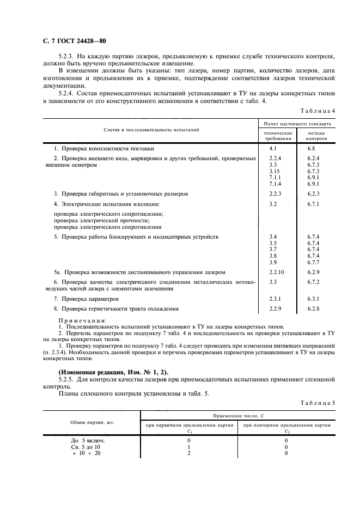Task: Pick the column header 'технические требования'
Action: tap(278, 136)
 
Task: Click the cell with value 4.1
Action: tap(273, 148)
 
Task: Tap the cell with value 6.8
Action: tap(311, 148)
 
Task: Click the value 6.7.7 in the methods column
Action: tap(313, 262)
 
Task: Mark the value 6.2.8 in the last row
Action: tap(313, 308)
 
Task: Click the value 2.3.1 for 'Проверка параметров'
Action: tap(275, 299)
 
